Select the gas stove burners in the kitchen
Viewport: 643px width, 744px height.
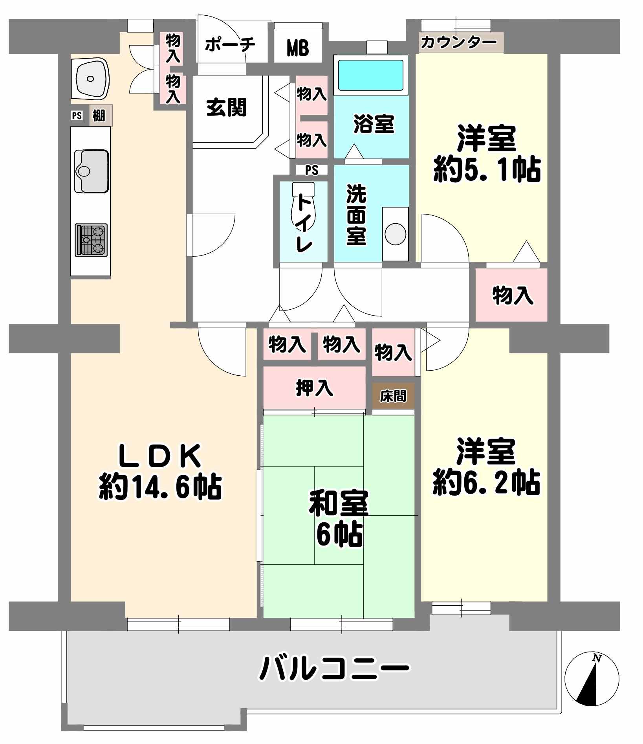[91, 240]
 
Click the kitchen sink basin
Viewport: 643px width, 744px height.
[92, 171]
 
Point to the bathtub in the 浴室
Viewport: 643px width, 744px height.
[371, 75]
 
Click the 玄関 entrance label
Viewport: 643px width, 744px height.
[227, 107]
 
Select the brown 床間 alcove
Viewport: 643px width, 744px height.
[393, 396]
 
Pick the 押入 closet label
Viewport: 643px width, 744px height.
[314, 388]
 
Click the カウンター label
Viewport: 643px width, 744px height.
[459, 42]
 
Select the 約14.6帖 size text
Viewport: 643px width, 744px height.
[160, 487]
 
